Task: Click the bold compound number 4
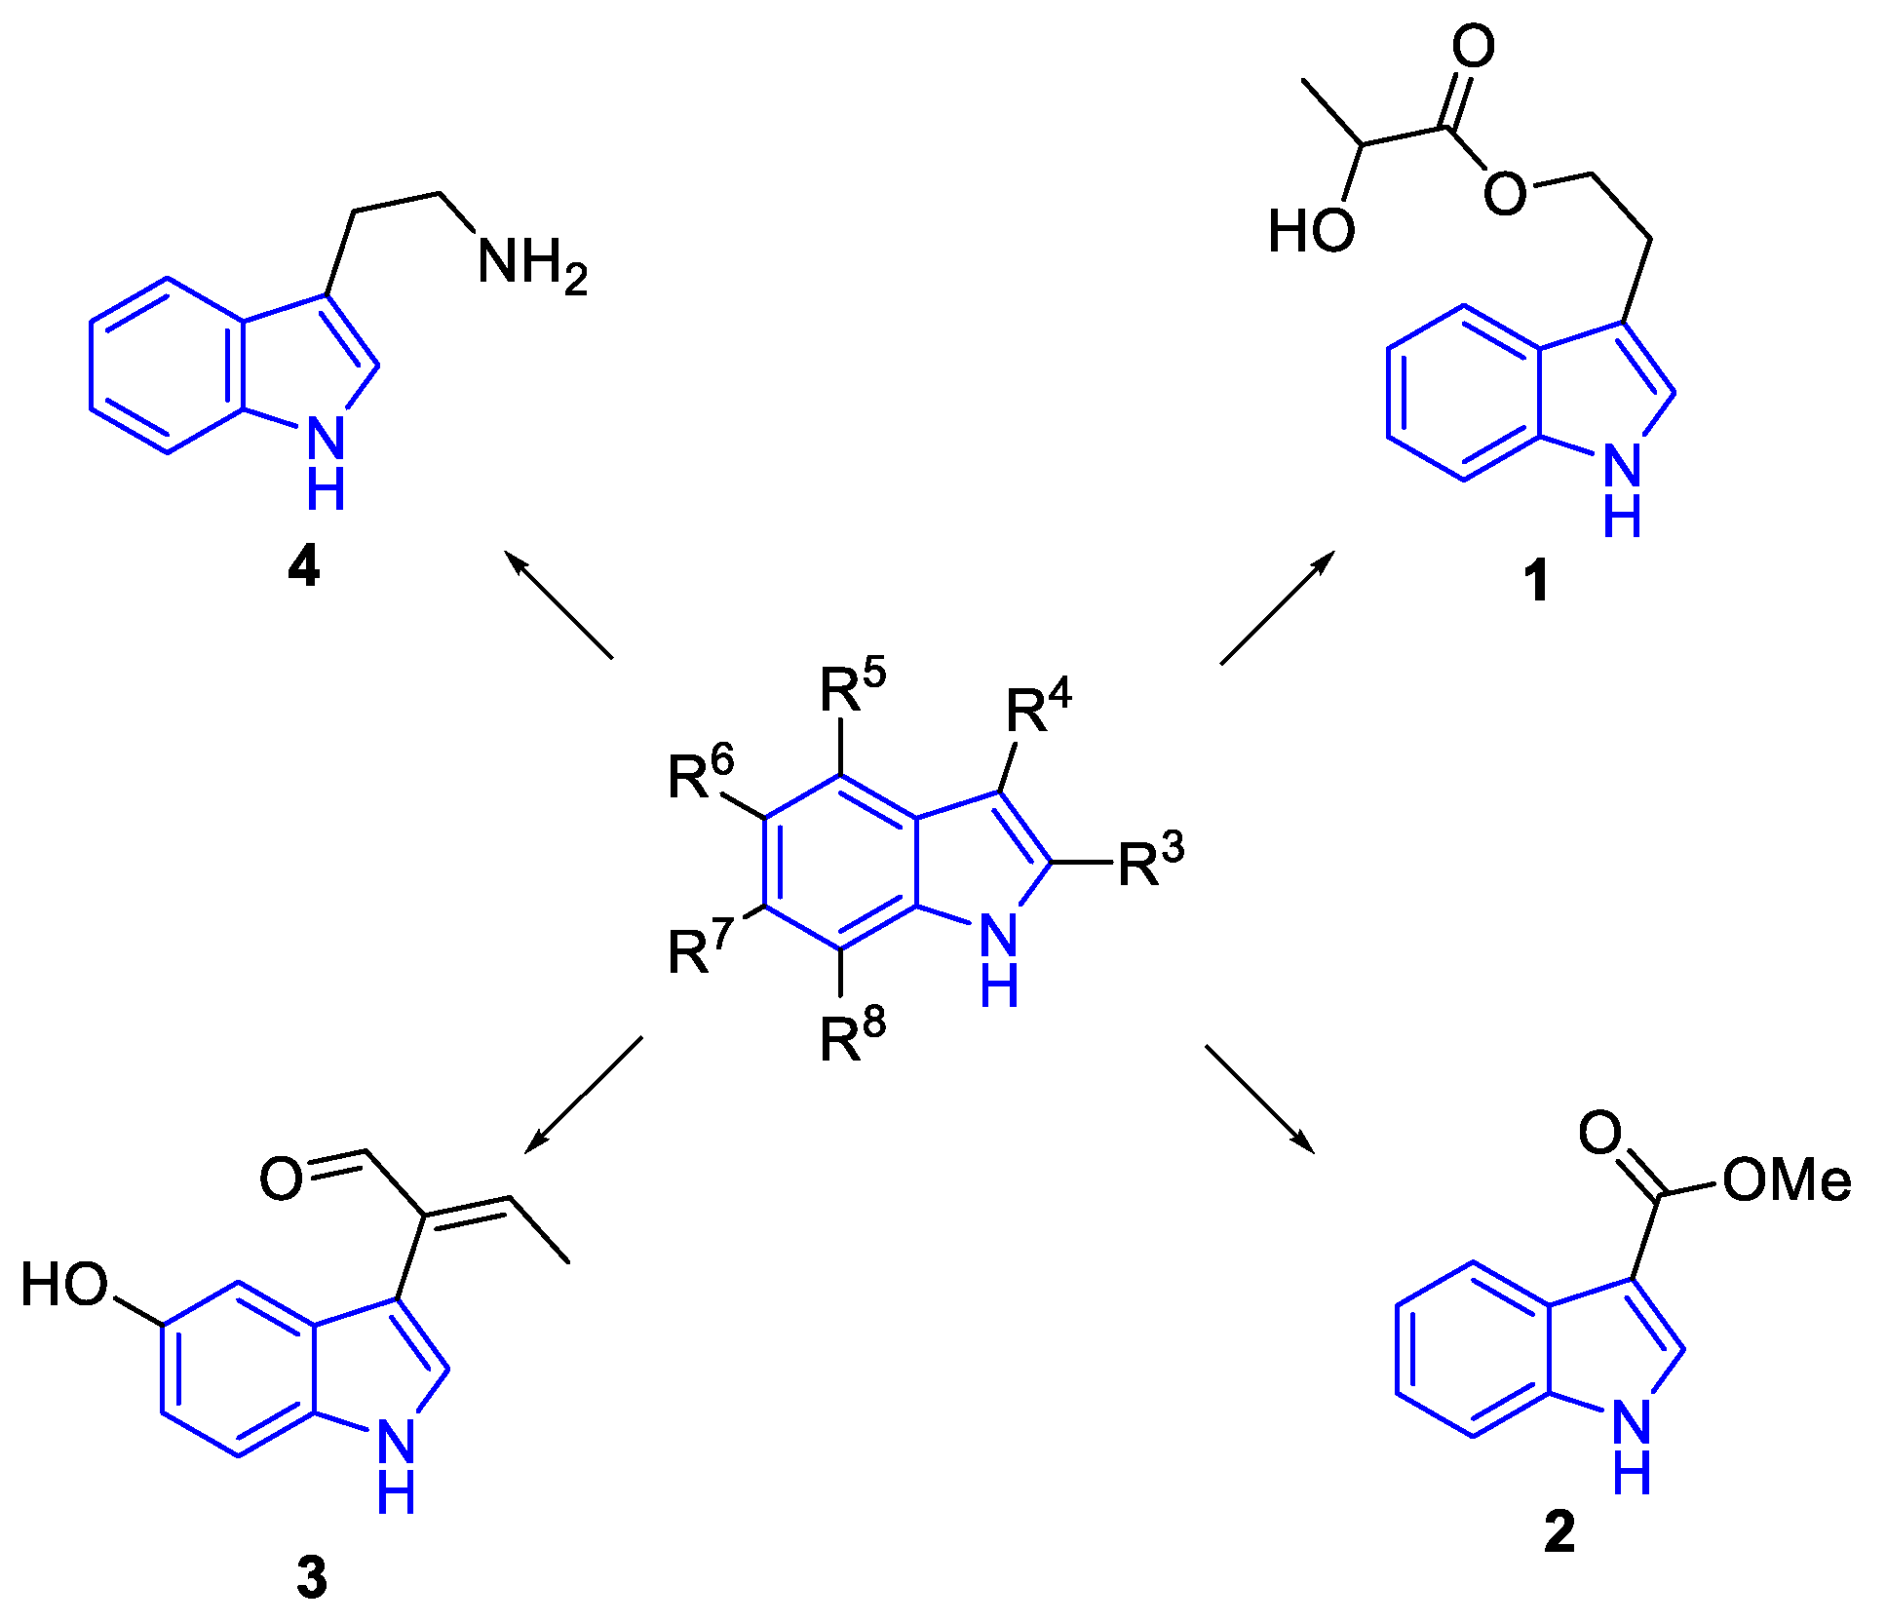click(304, 566)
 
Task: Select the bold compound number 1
click(1536, 581)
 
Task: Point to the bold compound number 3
click(312, 1577)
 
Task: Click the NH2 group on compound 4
click(531, 264)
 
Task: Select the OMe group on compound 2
click(1787, 1180)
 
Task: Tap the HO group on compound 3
click(64, 1284)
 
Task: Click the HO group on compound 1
click(1311, 232)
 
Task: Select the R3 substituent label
click(1150, 861)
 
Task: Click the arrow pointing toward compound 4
click(558, 604)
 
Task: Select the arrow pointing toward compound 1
click(1278, 607)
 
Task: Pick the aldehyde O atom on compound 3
click(282, 1179)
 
